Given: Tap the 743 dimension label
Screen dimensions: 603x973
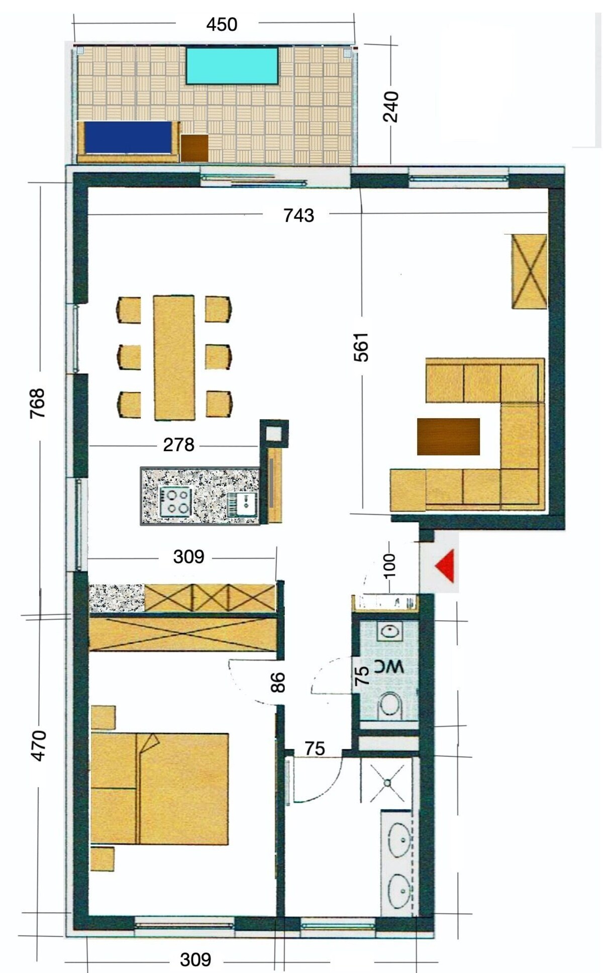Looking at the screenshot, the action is tap(298, 216).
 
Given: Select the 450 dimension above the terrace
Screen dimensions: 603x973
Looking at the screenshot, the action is tap(222, 25).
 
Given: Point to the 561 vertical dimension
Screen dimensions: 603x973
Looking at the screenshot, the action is tap(361, 347).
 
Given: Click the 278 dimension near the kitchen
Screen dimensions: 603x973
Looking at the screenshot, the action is tap(178, 445).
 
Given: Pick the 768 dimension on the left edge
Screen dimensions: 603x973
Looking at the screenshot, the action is tap(37, 403).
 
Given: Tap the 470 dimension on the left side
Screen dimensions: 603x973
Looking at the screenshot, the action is tap(38, 746).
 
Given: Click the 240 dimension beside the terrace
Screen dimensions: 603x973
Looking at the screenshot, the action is tap(390, 107).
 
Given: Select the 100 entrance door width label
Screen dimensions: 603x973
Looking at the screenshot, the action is tap(389, 565).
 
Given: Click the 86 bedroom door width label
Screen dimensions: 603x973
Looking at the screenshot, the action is tap(277, 683).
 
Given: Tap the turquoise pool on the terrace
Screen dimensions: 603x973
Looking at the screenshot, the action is tap(233, 65).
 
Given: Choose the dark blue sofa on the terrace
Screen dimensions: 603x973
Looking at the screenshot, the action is tap(129, 137).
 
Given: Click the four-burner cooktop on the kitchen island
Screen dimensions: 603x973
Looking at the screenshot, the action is tap(175, 502).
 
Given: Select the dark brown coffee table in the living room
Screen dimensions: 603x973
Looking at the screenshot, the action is tap(448, 436).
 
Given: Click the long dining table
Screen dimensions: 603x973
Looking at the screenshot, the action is tap(174, 357).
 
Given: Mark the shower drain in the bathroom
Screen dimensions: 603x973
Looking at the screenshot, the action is tap(387, 783).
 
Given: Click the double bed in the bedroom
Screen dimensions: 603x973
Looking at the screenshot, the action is tap(160, 789).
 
